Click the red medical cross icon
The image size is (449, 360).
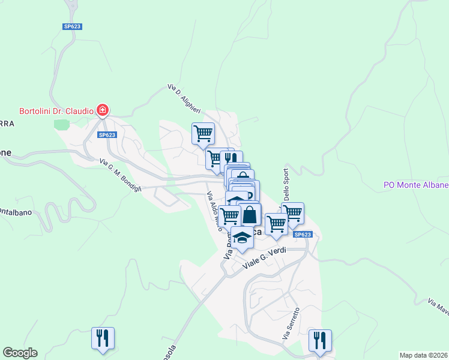coord(103,110)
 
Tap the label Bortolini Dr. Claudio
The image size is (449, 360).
coord(56,111)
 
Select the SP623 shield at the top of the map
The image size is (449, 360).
coord(72,26)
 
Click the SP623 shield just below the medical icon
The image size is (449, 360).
coord(107,135)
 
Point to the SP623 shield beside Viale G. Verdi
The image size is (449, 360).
coord(303,234)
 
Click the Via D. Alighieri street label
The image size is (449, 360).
coord(184,98)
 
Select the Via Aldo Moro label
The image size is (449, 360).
coord(214,214)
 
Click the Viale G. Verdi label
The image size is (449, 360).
coord(265,259)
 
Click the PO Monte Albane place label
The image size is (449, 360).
coord(416,185)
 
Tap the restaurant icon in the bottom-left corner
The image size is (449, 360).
coord(103,337)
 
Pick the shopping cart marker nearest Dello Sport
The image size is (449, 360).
coord(292,212)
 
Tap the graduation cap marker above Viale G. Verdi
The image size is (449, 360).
coord(242,238)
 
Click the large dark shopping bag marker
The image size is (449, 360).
coord(250,214)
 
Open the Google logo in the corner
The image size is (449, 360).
coord(20,353)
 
